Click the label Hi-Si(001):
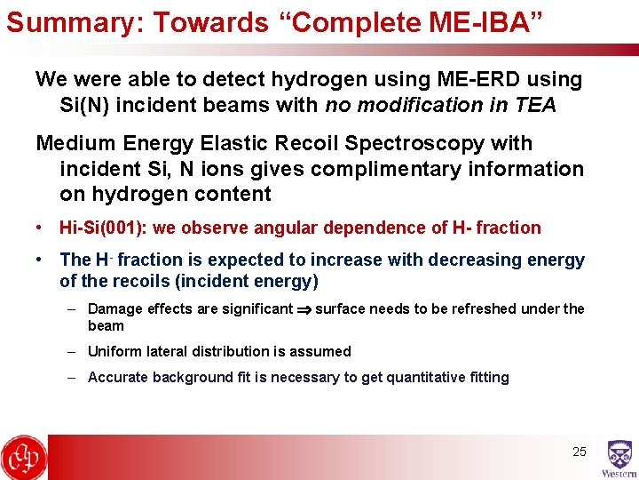pos(103,228)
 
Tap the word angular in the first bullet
pos(282,228)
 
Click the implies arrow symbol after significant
pos(304,309)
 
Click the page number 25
pos(579,452)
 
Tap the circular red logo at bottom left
pos(24,457)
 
